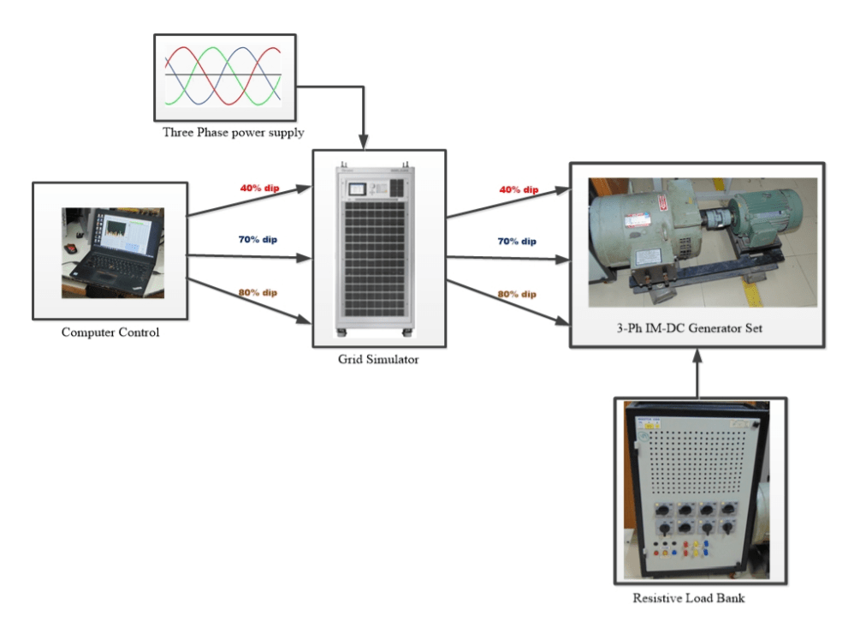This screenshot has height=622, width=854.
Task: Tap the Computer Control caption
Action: [110, 332]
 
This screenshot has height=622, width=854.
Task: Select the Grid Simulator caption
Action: [378, 360]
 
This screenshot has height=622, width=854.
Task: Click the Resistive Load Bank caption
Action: [688, 598]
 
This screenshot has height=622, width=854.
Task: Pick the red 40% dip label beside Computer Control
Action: [258, 187]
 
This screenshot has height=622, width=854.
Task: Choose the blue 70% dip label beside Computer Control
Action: [258, 239]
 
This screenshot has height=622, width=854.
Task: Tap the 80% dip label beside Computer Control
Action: [258, 292]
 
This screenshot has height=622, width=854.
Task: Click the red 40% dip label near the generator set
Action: [519, 189]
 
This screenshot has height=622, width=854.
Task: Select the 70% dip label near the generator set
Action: [519, 242]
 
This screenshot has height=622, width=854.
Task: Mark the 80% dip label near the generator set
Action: [519, 295]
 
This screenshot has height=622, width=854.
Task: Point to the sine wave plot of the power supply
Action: [223, 76]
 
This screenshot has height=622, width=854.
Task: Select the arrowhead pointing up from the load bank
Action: [697, 353]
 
